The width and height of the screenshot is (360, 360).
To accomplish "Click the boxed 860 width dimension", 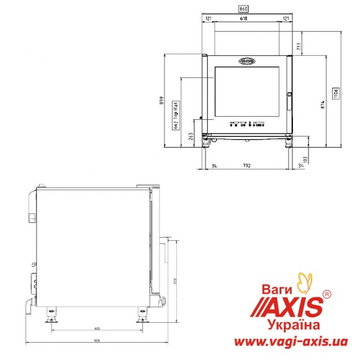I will pos(246,9).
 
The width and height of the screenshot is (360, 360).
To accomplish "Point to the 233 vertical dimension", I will pos(299,45).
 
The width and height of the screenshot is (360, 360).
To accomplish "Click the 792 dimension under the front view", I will pos(247,166).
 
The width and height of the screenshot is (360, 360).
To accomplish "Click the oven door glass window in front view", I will pos(248,93).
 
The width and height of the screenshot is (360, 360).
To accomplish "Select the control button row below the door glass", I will pos(247,124).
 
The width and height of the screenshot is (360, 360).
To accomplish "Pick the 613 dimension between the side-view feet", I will pos(97,328).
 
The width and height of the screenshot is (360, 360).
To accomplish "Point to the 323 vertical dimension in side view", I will pos(176,280).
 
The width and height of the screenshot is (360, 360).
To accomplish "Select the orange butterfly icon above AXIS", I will pos(305,282).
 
